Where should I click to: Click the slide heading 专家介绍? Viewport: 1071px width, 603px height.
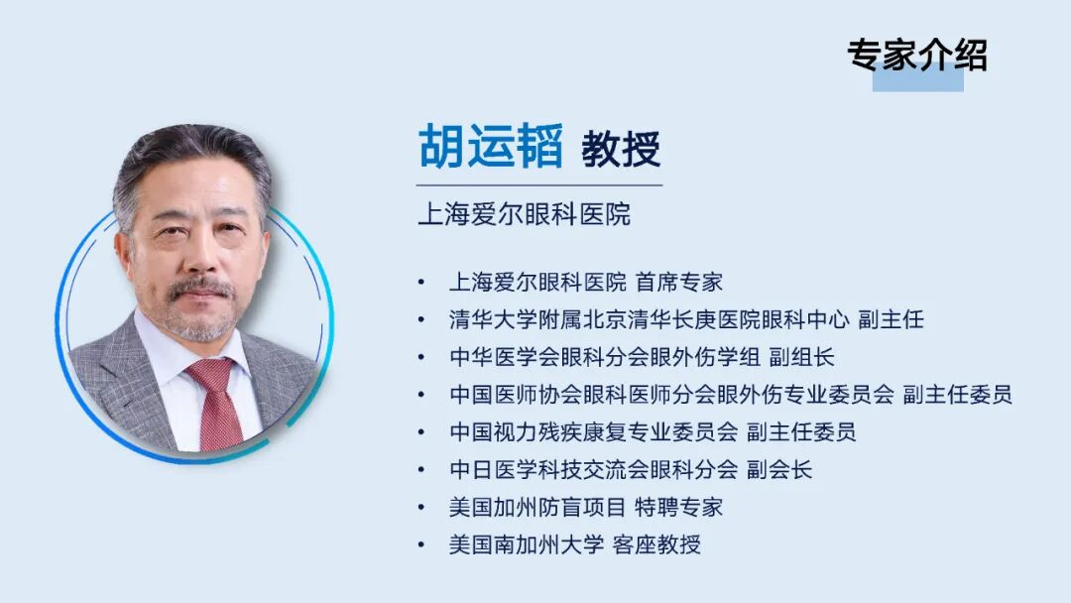[916, 55]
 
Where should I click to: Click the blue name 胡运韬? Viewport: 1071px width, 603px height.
[490, 148]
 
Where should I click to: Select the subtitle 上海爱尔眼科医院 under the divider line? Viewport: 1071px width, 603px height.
[524, 214]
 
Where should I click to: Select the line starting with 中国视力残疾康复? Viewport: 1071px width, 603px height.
[652, 432]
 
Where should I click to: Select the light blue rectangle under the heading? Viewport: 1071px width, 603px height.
[917, 80]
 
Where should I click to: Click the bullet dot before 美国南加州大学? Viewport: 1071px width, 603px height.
[422, 545]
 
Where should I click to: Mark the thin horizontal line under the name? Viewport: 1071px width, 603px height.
[538, 185]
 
